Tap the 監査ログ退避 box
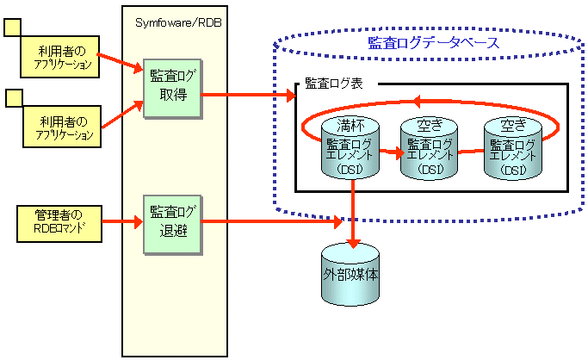coord(172,224)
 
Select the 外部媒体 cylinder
coord(354,274)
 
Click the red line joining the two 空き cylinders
coord(470,152)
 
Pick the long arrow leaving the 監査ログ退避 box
coord(275,223)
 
